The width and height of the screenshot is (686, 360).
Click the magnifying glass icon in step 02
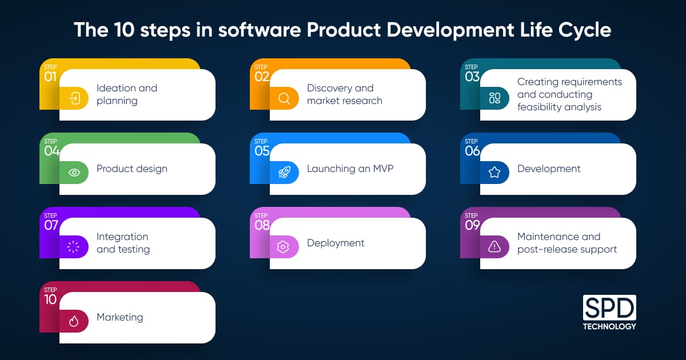click(x=284, y=98)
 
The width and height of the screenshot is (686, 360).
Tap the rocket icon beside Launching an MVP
click(x=284, y=173)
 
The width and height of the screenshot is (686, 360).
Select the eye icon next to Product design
click(x=74, y=173)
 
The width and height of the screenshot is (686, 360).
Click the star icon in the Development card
click(x=494, y=173)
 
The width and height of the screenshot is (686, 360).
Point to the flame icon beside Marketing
click(x=74, y=321)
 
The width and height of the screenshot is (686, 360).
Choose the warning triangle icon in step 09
click(x=494, y=246)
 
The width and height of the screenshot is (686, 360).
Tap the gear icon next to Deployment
click(x=283, y=247)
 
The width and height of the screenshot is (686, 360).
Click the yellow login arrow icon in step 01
click(x=74, y=98)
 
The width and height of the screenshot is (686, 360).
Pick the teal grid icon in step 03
click(x=494, y=98)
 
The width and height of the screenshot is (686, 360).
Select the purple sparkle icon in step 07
click(x=74, y=247)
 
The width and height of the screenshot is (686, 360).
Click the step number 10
click(x=50, y=299)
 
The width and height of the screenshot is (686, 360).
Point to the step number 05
click(x=262, y=151)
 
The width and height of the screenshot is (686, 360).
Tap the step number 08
click(x=262, y=225)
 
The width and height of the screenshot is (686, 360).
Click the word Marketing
click(x=119, y=317)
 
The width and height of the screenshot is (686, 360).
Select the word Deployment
click(x=336, y=243)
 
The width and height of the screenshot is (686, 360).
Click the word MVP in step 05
click(x=383, y=169)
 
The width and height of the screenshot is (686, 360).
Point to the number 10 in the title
click(x=125, y=30)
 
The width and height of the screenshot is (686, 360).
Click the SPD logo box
click(x=609, y=307)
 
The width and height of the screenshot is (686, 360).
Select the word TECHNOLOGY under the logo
click(x=609, y=326)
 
